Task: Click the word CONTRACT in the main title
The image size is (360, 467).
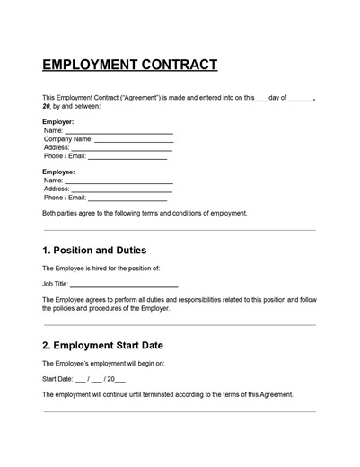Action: [171, 66]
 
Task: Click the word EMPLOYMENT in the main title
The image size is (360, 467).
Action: [83, 66]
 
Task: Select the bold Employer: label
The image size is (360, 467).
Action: [58, 121]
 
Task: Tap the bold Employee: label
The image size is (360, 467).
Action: [59, 171]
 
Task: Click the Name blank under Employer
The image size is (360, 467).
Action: [119, 132]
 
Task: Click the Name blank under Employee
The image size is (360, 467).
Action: [119, 181]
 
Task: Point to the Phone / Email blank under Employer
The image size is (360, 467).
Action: [127, 158]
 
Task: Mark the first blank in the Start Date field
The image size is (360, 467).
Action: [81, 381]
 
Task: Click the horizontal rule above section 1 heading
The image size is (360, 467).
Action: [180, 231]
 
